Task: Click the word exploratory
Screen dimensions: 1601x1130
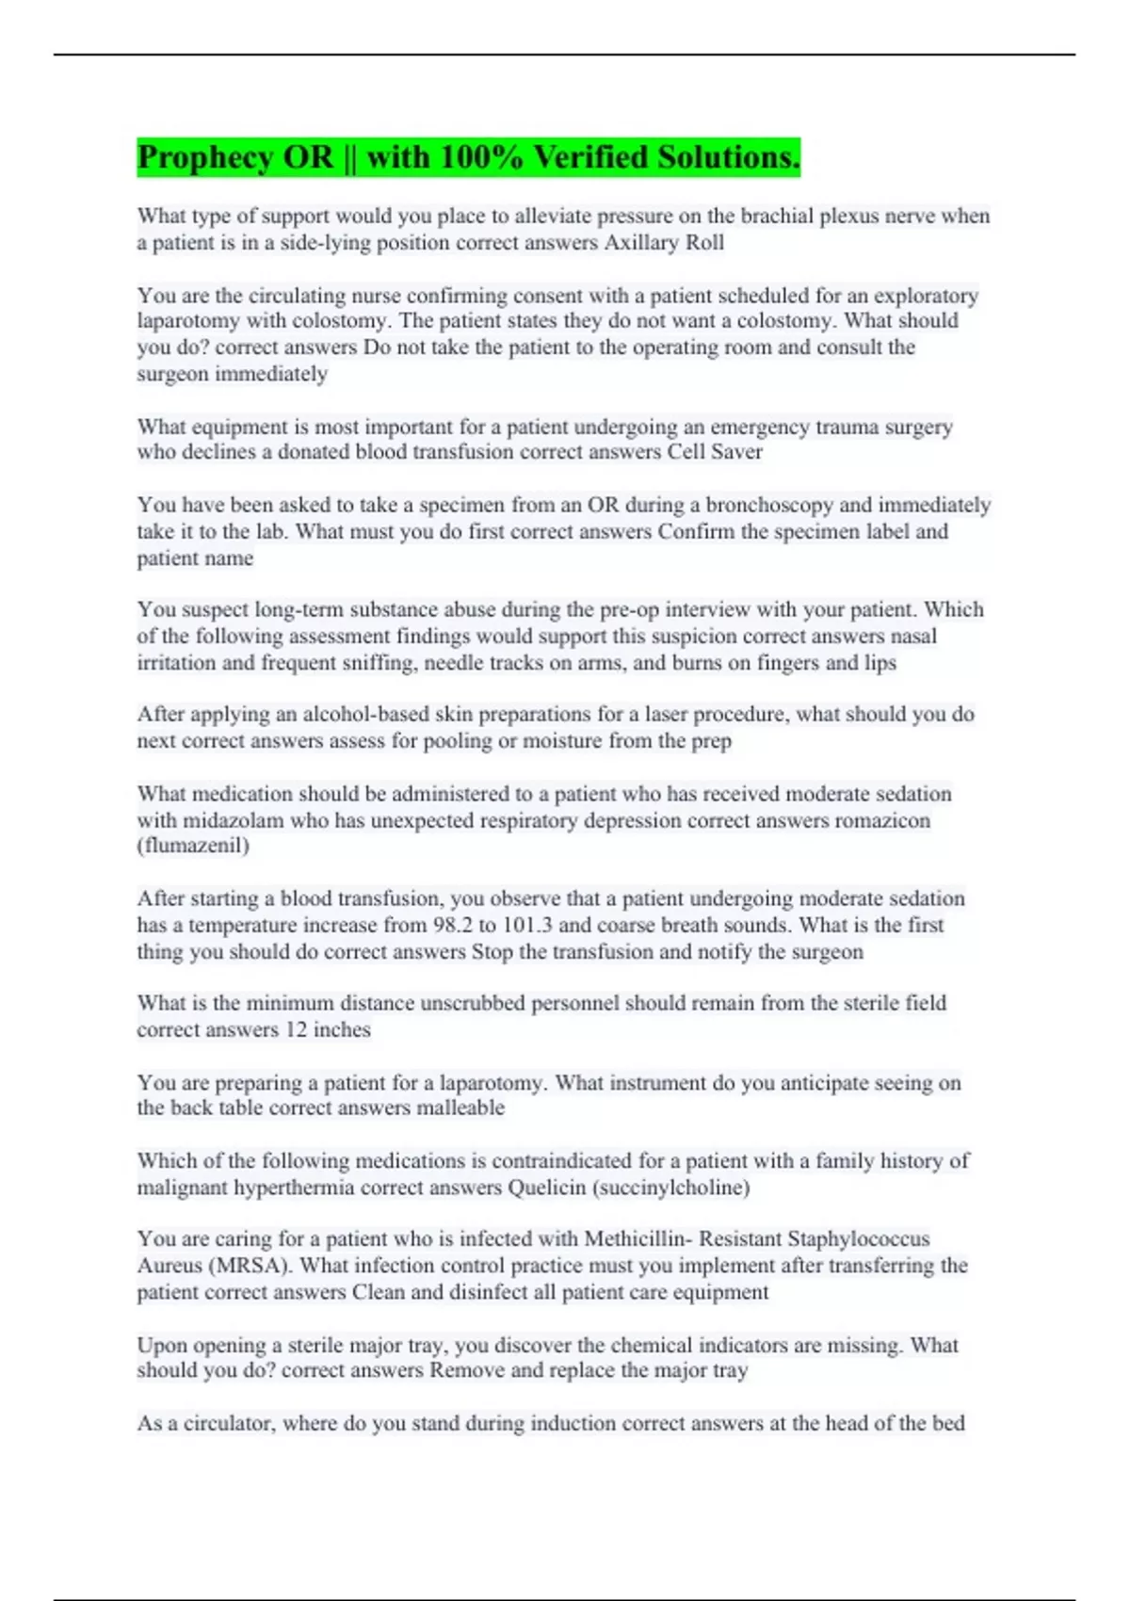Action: [926, 296]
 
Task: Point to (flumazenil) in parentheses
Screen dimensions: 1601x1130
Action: [193, 845]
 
